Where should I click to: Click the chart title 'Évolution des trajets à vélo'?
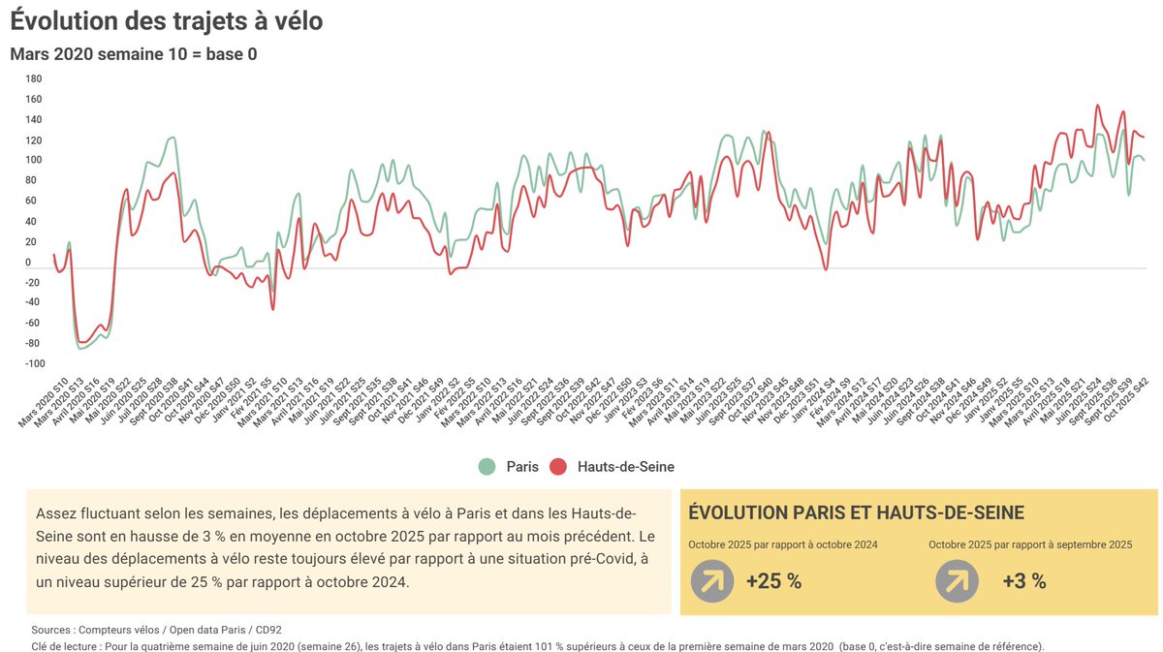click(x=166, y=20)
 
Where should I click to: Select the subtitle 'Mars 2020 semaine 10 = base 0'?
click(x=133, y=54)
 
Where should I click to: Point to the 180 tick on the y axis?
click(x=34, y=78)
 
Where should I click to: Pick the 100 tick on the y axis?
click(x=34, y=160)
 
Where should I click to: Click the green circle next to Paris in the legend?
click(x=487, y=467)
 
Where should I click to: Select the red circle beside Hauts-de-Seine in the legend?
click(x=558, y=467)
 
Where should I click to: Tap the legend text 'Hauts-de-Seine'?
click(x=625, y=467)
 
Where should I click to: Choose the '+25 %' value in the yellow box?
click(x=773, y=581)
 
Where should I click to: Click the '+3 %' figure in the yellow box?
click(x=1024, y=581)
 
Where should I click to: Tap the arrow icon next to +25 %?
click(x=712, y=581)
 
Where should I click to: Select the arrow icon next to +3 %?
click(x=957, y=581)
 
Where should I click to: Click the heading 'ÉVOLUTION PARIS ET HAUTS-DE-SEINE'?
click(x=856, y=513)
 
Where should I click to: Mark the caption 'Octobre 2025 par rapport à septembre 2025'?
click(x=1030, y=544)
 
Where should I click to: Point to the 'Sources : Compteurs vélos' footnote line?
click(x=156, y=629)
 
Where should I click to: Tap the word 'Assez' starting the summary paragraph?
click(x=55, y=512)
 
